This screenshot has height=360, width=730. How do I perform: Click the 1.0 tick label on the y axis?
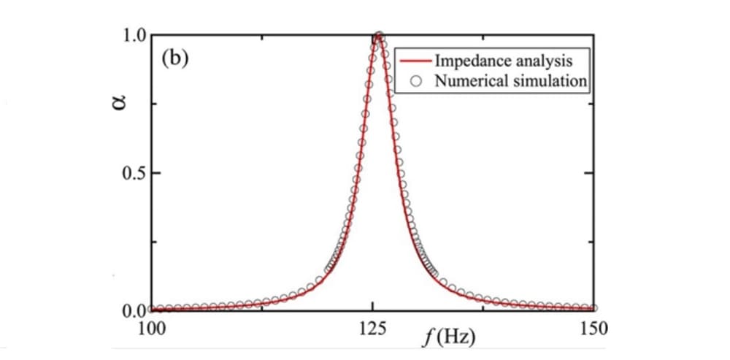coord(134,35)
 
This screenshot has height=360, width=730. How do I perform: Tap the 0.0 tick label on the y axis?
coord(134,311)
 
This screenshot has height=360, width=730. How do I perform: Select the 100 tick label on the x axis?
coord(150,326)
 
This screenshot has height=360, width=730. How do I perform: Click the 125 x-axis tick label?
coord(372,326)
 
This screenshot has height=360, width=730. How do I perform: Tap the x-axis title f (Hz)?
coord(450,337)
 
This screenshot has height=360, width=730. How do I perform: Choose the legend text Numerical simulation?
coord(510,80)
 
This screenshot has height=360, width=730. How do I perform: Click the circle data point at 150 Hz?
coord(594,308)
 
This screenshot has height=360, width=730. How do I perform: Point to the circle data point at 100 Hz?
coord(151,309)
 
